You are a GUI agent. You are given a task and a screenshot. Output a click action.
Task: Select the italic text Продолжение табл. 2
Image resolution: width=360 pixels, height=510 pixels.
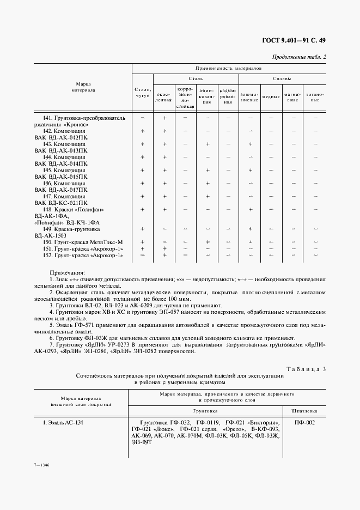299,57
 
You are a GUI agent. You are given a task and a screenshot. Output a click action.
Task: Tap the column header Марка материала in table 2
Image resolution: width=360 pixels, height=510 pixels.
83,87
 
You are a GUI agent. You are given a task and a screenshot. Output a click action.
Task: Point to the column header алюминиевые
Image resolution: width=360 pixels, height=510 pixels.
249,97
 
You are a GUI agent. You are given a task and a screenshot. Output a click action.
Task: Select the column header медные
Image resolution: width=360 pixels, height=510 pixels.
271,97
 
